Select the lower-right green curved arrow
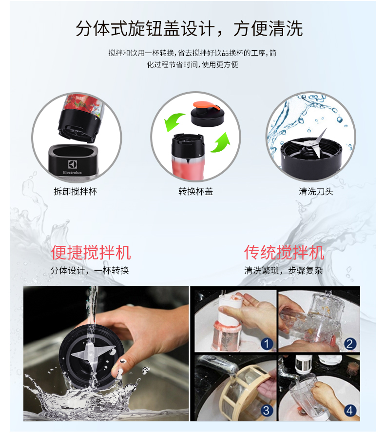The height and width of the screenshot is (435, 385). (x=220, y=142)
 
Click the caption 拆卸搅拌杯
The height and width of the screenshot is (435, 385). (x=76, y=192)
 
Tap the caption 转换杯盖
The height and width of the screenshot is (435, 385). (x=196, y=192)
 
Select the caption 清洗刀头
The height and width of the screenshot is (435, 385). (x=316, y=192)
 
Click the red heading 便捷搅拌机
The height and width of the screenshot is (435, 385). (x=91, y=253)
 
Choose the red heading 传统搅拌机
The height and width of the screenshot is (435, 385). (x=284, y=253)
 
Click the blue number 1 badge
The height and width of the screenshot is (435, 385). (x=267, y=344)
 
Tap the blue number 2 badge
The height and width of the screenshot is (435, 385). (x=350, y=344)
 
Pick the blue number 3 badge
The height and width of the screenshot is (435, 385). (x=267, y=411)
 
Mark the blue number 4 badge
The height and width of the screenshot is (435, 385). (x=350, y=411)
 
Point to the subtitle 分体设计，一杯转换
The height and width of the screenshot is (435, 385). (x=90, y=271)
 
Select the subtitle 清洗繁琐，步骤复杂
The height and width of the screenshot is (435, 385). (x=283, y=271)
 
